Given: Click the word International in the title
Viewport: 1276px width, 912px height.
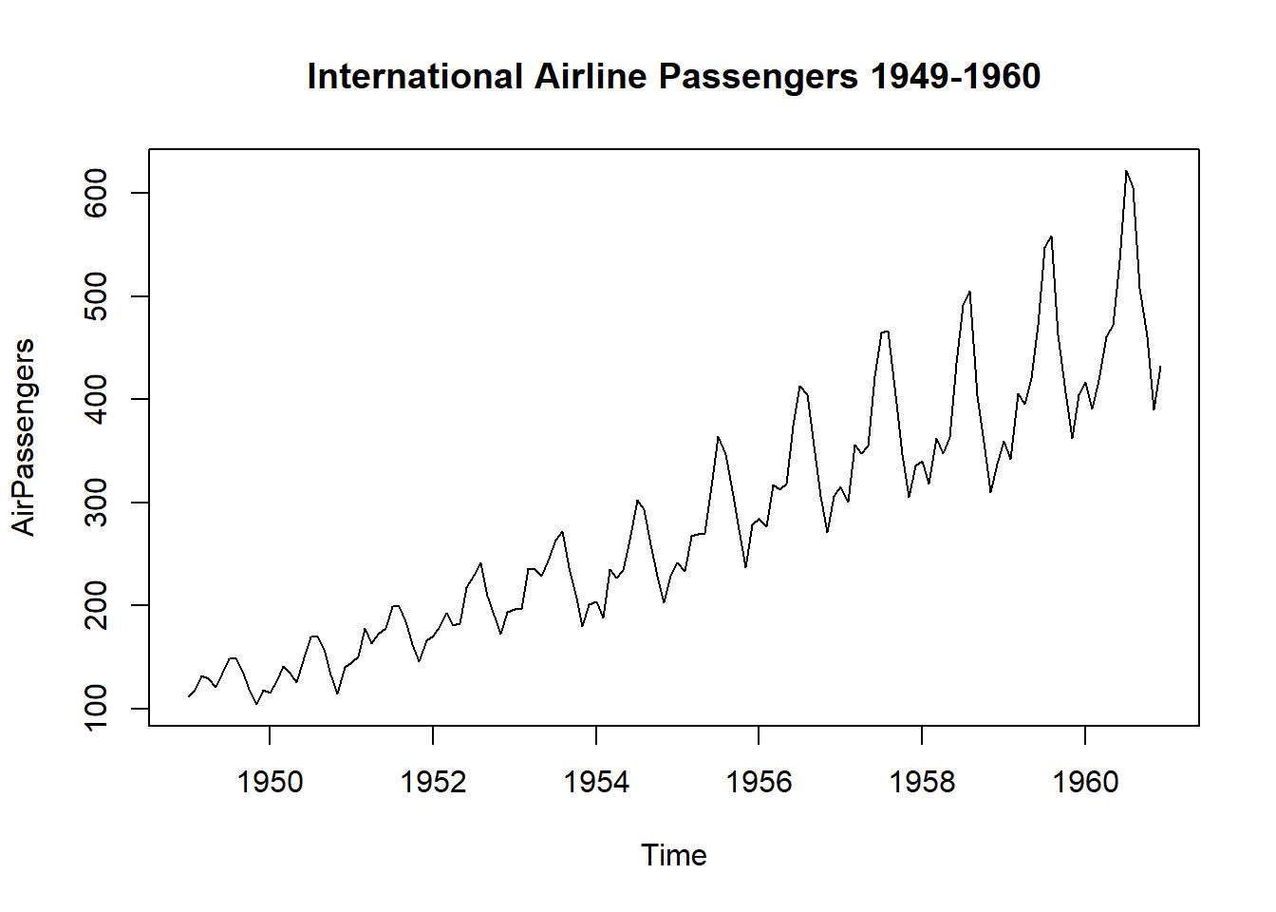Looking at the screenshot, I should click(415, 77).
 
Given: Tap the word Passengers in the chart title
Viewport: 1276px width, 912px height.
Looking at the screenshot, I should click(759, 77).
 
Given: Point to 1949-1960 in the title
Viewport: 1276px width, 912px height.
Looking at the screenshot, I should click(955, 77).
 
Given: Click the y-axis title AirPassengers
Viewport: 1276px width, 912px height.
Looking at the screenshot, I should click(23, 437).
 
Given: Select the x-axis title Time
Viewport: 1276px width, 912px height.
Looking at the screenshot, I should click(673, 855).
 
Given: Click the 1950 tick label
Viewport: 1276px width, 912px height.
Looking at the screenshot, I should click(270, 782).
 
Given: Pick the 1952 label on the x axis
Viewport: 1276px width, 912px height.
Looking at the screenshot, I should click(433, 782).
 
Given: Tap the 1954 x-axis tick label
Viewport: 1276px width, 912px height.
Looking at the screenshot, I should click(596, 782).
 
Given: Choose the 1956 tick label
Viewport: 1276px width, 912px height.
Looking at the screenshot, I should click(759, 782).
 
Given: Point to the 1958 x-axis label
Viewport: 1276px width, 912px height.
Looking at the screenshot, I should click(922, 782).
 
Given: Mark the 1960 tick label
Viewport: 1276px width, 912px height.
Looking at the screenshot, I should click(1085, 782).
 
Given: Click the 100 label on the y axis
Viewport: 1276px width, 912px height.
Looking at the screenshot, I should click(97, 709).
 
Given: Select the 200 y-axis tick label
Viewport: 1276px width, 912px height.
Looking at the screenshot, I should click(97, 605).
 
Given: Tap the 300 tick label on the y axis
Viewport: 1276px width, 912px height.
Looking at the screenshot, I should click(97, 503).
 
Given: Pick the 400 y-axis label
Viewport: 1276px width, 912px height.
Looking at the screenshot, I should click(97, 399).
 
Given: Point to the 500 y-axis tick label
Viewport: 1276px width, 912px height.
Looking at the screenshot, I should click(97, 296).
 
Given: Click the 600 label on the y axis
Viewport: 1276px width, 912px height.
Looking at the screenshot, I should click(97, 193).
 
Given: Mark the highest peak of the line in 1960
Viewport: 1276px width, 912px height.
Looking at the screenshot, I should click(1126, 172).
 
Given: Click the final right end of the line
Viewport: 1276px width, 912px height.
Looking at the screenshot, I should click(1160, 367).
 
